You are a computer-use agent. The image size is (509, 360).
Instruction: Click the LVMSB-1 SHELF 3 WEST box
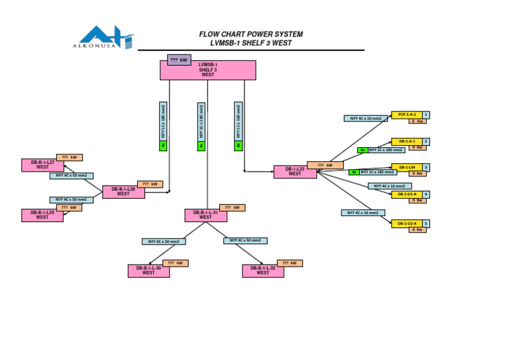coord(207,70)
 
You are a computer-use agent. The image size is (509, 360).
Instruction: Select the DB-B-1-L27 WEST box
coord(42,165)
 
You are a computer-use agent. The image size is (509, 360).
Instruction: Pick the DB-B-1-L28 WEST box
coord(123,192)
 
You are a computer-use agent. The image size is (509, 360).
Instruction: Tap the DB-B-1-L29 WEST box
coord(42,215)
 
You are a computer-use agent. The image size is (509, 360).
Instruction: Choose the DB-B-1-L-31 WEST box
coord(205,215)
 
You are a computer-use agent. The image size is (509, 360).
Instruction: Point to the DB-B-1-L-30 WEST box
coord(148,270)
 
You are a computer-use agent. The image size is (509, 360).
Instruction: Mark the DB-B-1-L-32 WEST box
coord(262,270)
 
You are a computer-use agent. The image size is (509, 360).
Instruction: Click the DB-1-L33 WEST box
coord(295,172)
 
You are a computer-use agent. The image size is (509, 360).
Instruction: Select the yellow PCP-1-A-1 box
coord(407,115)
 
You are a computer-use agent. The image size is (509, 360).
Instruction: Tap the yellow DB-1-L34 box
coord(407,167)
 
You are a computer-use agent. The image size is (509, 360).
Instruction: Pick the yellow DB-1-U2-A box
coord(407,223)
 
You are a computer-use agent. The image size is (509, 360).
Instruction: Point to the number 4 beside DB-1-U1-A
coord(426,194)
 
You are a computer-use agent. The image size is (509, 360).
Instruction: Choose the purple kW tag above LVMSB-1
coord(179,60)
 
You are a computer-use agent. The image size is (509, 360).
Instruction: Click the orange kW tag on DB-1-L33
coord(325,165)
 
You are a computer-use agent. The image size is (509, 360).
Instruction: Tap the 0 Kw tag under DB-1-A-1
coord(417,148)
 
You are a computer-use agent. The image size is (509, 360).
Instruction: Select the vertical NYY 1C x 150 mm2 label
coord(239,120)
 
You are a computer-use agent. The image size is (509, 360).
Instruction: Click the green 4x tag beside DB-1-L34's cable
coord(354,172)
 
